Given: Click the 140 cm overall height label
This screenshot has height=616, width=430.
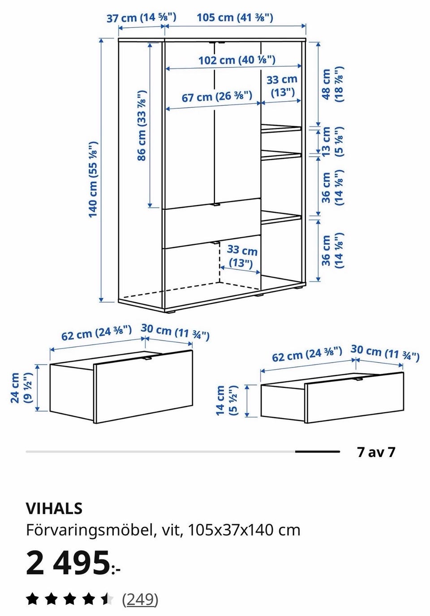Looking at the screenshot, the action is click(x=93, y=180).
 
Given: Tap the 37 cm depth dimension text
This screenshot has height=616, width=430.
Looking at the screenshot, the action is click(x=141, y=18).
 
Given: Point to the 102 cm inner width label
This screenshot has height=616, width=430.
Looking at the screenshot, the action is click(x=236, y=60).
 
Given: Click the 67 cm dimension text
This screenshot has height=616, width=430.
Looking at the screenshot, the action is click(x=217, y=97).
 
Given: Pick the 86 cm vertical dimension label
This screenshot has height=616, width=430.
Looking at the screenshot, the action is click(x=142, y=125).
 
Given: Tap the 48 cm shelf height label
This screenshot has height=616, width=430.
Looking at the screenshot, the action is click(x=332, y=84).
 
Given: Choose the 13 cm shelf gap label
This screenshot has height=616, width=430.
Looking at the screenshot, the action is click(x=332, y=141).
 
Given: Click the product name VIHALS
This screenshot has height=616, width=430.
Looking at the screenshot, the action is click(x=54, y=509).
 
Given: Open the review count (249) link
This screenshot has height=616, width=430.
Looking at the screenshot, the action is click(x=140, y=599).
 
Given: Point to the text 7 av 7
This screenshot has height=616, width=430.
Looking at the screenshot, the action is click(x=376, y=452).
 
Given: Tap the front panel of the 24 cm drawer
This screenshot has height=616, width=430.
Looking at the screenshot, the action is click(x=143, y=386).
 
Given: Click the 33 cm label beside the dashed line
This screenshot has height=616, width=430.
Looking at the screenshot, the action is click(x=241, y=257).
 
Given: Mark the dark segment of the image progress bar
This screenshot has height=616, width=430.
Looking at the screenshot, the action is click(x=318, y=452).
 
